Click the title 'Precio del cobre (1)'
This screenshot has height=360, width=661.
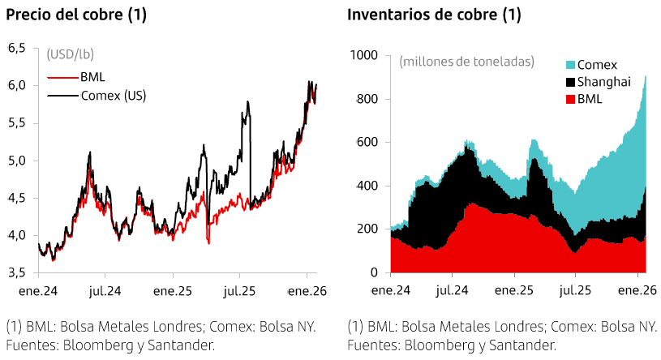point(76,15)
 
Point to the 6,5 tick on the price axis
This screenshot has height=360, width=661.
point(16,49)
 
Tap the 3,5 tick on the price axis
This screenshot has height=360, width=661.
point(16,272)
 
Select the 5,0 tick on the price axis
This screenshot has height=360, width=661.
point(16,161)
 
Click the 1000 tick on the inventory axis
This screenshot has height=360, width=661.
point(364,55)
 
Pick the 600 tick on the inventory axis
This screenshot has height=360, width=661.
point(367,143)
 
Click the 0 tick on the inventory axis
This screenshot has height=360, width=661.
point(374,272)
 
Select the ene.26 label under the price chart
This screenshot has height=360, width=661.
point(308,289)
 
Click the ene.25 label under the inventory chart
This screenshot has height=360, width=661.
point(513,289)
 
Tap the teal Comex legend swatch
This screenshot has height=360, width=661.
point(569,65)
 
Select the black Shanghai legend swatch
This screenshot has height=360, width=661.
point(569,82)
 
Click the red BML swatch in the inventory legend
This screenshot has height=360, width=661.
point(569,99)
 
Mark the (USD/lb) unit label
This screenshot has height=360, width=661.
point(71,55)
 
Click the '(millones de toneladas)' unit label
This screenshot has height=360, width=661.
point(467,61)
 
